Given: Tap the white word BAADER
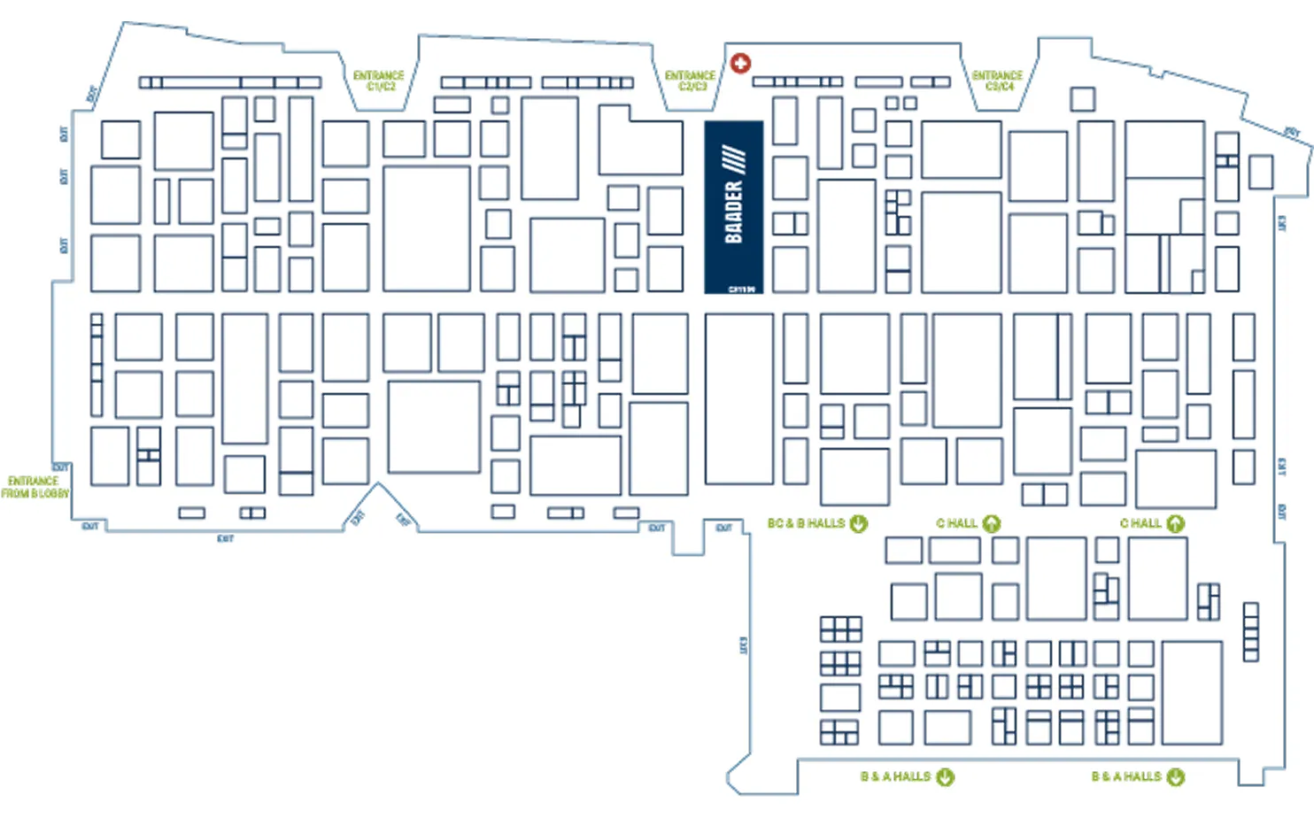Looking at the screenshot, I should click(733, 212).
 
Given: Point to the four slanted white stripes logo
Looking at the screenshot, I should click(734, 160).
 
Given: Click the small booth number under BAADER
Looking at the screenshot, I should click(742, 289).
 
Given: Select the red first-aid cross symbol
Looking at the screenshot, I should click(741, 63).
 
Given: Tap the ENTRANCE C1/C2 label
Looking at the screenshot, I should click(379, 81).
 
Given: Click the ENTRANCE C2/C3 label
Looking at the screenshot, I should click(690, 81).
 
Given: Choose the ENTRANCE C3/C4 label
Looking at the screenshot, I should click(997, 81).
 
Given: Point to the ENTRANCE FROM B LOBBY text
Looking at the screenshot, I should click(35, 487).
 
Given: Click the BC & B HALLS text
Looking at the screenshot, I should click(806, 523).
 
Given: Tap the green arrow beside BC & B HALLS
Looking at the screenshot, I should click(859, 523).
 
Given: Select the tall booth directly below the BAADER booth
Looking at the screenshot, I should click(738, 398).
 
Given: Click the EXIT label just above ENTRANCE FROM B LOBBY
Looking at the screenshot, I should click(60, 467).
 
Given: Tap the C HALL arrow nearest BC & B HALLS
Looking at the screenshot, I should click(992, 523).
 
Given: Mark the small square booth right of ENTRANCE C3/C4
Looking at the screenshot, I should click(1082, 98).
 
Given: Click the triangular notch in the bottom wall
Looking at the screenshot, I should click(379, 505).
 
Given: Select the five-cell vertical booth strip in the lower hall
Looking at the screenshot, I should click(1250, 631).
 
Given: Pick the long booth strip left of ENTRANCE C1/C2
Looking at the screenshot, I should click(230, 82).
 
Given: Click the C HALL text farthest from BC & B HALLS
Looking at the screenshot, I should click(1140, 523).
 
